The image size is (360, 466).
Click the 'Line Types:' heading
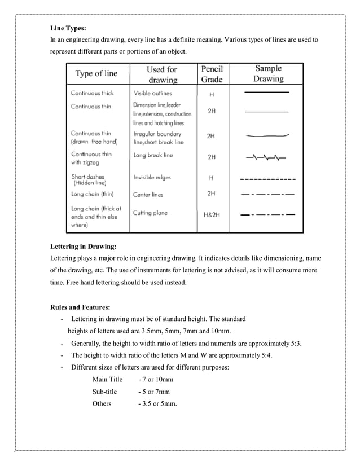[x=68, y=28]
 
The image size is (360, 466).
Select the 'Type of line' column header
[x=96, y=73]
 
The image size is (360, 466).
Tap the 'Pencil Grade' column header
[x=212, y=74]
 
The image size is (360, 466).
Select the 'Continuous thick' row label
[x=93, y=93]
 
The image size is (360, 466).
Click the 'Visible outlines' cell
[x=152, y=93]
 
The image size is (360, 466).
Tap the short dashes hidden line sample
[x=268, y=179]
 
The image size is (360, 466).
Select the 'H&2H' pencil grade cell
[x=212, y=215]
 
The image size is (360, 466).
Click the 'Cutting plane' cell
[x=150, y=213]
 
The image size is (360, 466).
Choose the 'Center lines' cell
[x=148, y=195]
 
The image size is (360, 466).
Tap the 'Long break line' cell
[x=153, y=155]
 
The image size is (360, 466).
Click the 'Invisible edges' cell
[x=152, y=177]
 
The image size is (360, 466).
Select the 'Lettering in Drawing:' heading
[x=83, y=247]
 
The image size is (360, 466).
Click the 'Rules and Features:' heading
[x=80, y=307]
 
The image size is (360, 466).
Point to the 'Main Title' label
[x=107, y=379]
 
